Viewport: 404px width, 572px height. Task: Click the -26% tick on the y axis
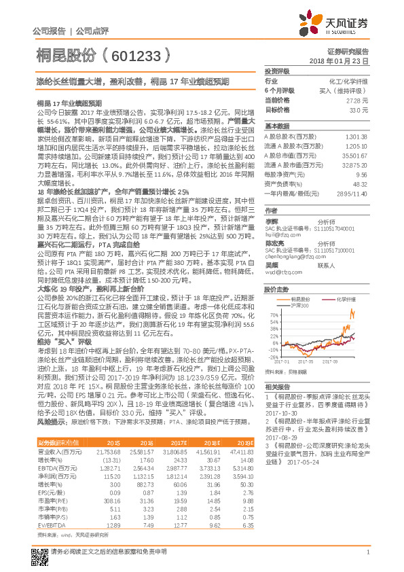click(x=272, y=356)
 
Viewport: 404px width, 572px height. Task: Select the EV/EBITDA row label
click(x=53, y=524)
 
